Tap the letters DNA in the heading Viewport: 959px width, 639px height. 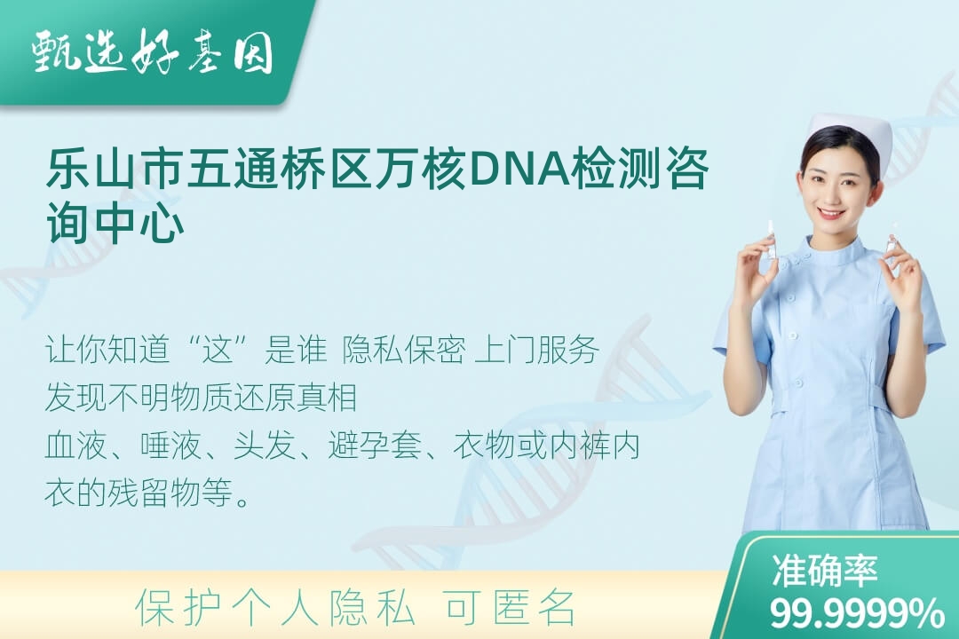[x=519, y=168]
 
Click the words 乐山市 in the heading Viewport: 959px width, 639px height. [x=113, y=168]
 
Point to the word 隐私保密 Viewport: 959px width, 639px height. [x=404, y=350]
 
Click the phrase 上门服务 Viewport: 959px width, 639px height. [x=536, y=350]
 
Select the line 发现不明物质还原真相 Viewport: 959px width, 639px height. [x=201, y=398]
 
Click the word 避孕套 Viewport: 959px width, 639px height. [x=375, y=446]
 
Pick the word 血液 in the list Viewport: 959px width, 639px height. [x=75, y=446]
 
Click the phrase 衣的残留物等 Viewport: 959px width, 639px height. [x=139, y=493]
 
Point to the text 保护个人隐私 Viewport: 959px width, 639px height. [x=274, y=608]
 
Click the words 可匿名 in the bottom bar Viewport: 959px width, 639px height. [x=510, y=608]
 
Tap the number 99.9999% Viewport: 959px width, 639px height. [x=857, y=613]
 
